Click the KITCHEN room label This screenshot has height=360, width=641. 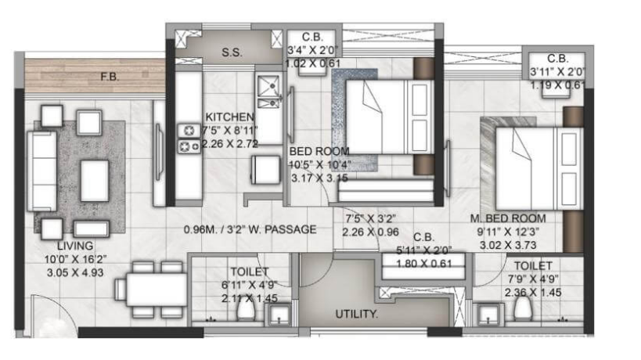[229, 117]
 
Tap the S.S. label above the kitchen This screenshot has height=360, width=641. [232, 52]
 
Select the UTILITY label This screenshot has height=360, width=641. [356, 315]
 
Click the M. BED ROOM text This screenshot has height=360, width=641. [508, 218]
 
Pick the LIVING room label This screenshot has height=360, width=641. [75, 246]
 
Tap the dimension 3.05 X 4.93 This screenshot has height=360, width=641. [75, 272]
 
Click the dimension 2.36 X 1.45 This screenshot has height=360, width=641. [533, 293]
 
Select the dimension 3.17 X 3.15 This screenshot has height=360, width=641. [319, 178]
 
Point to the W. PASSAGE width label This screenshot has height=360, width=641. [250, 229]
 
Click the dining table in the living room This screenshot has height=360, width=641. [156, 290]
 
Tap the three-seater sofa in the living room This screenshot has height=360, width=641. [41, 171]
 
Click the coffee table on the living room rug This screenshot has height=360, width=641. [95, 181]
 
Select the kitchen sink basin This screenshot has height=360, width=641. [268, 86]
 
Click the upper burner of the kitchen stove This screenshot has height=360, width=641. [189, 131]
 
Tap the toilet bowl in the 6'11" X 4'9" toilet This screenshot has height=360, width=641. [246, 308]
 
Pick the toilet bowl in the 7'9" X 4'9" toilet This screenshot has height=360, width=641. [523, 308]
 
